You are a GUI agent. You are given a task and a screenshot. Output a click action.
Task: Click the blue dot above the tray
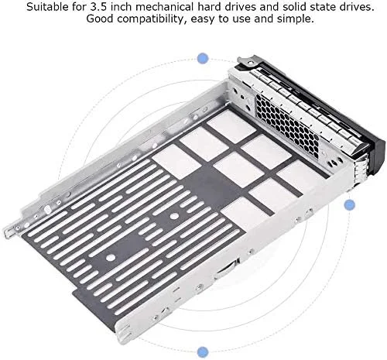coord(204,57)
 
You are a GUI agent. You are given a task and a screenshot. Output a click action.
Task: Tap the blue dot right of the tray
coord(349,204)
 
